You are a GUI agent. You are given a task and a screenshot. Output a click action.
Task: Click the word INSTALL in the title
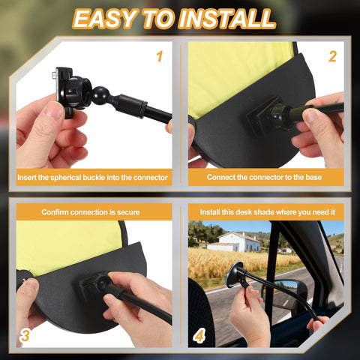coord(226,19)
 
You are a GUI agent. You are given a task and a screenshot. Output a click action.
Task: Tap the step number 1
coord(160,56)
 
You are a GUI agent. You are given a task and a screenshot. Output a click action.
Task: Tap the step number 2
coord(332,56)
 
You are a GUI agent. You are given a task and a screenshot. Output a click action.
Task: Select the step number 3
coord(25,335)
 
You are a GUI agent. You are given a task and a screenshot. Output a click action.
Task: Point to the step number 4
coord(199,335)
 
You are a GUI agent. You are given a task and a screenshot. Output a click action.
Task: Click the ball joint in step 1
coord(100,94)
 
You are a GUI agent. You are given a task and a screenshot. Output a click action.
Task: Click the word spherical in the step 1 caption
coord(66,178)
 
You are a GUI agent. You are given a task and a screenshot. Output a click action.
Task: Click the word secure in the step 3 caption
coord(128,212)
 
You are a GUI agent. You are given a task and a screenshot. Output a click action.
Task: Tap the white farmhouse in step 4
coord(235,242)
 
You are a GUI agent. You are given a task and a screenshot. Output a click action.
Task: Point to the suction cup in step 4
coord(234,274)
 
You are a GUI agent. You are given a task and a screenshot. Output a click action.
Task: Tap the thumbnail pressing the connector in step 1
coord(55,109)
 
